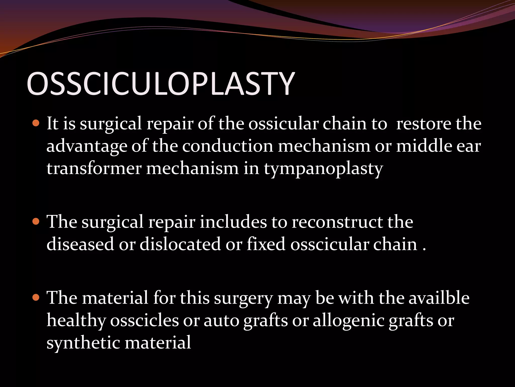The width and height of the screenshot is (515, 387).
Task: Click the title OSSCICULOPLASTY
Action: tap(160, 84)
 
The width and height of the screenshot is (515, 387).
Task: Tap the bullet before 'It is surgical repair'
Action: tap(36, 123)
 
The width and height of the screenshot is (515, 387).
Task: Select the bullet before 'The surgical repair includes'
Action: tap(36, 221)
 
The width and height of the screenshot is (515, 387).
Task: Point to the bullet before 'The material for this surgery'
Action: tap(36, 298)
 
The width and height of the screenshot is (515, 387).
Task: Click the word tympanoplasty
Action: tap(323, 169)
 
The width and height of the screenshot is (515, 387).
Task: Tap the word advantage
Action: tap(87, 147)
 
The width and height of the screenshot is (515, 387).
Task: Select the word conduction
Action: tap(228, 146)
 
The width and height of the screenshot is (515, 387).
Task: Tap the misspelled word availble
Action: tap(439, 298)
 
